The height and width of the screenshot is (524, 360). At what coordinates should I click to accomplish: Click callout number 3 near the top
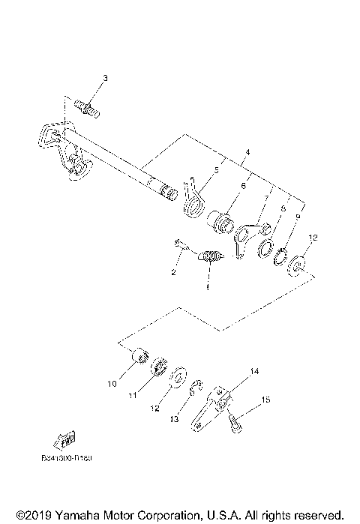(106, 79)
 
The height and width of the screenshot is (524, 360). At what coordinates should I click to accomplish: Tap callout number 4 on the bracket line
(246, 152)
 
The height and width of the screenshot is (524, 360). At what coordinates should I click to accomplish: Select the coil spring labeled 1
(212, 259)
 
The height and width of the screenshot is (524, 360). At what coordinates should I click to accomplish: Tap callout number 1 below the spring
(209, 286)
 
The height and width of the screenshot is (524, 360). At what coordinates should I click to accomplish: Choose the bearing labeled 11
(159, 367)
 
